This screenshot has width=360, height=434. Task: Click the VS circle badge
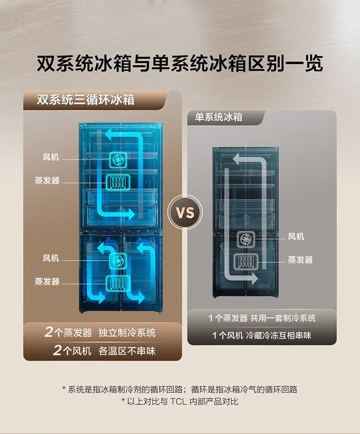click(x=185, y=212)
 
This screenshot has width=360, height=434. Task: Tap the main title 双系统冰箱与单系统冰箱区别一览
click(x=180, y=64)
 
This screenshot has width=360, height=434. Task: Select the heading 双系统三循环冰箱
click(x=85, y=100)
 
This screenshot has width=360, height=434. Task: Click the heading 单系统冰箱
click(x=218, y=117)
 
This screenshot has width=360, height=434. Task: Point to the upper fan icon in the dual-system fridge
click(x=117, y=159)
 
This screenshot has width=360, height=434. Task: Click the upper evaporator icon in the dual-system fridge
click(x=117, y=181)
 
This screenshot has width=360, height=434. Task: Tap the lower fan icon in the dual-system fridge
click(x=117, y=261)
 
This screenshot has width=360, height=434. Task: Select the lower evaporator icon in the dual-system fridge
click(x=117, y=282)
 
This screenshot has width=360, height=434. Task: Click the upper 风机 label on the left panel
click(x=51, y=157)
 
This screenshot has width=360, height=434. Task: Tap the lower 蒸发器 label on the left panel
click(x=47, y=281)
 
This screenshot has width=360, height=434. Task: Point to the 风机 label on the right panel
click(x=296, y=237)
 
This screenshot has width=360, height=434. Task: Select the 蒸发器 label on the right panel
click(x=300, y=260)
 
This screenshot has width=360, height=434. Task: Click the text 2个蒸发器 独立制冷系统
click(x=101, y=332)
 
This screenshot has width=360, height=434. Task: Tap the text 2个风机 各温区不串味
click(x=104, y=351)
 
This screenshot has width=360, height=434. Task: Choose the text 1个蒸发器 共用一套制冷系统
click(x=262, y=318)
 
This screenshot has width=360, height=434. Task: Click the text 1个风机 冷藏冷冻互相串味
click(x=262, y=336)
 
